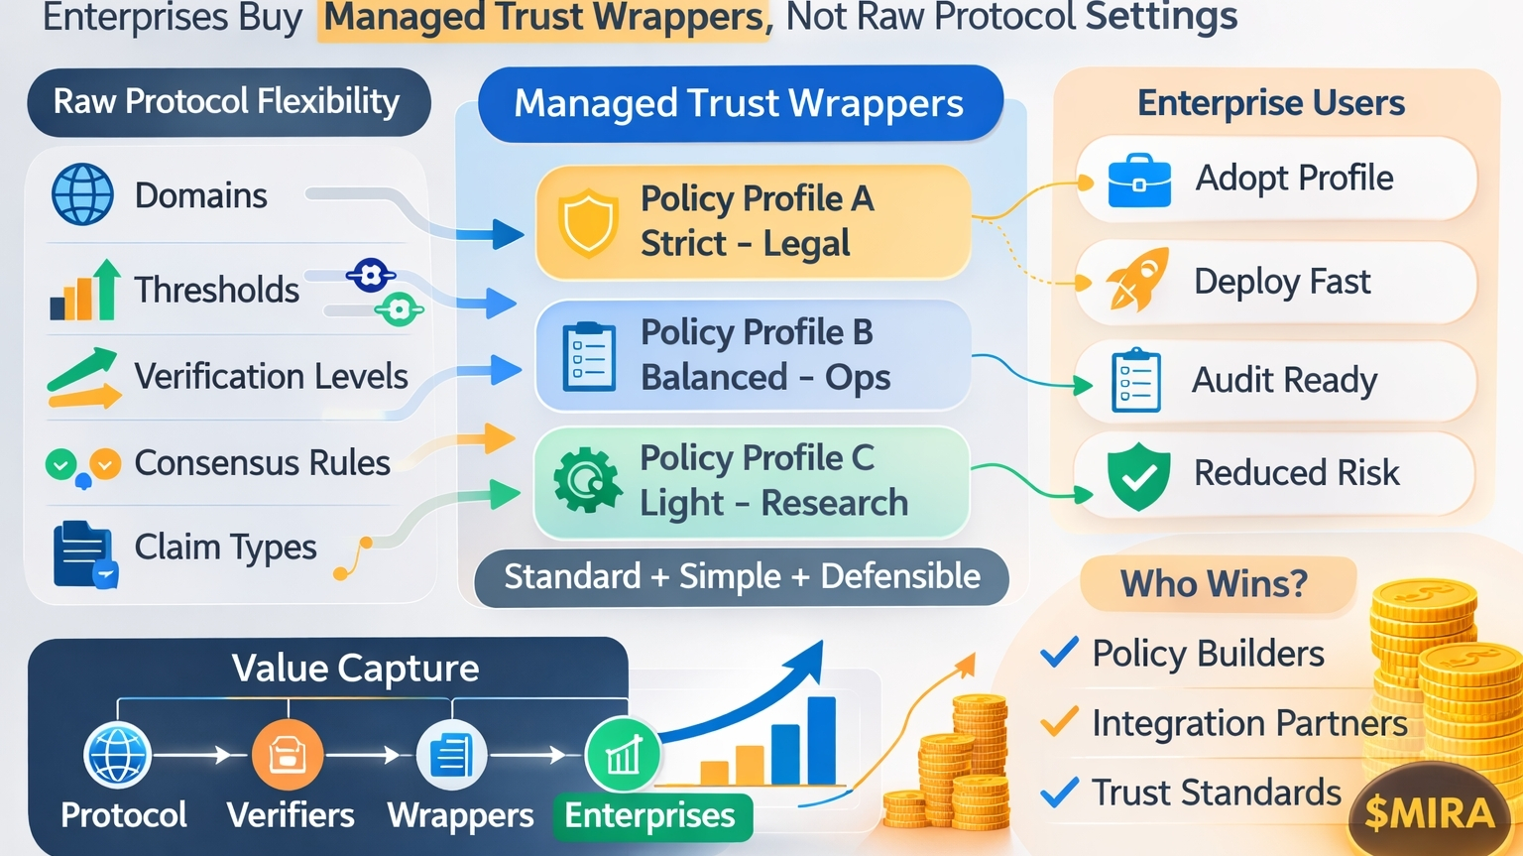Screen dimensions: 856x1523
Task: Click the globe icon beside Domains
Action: [82, 194]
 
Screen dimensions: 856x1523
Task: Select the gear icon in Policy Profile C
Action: [587, 480]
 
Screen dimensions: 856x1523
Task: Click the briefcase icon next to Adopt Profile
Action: [1139, 180]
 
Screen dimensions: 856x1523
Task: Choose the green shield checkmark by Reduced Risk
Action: [1138, 475]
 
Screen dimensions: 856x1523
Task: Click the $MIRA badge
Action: [1429, 813]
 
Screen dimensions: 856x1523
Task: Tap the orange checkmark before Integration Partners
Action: [1059, 722]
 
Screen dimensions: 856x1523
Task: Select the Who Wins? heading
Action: [1214, 583]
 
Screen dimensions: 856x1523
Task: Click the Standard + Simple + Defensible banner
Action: [742, 576]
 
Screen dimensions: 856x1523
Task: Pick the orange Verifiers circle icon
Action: [288, 755]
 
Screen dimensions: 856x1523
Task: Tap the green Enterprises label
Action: [650, 815]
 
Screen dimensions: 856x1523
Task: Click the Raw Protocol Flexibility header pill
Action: [227, 101]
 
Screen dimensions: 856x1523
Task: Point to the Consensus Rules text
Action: [262, 462]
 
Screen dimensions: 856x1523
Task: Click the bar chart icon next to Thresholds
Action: [85, 291]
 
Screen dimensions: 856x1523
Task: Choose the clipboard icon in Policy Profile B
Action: [589, 355]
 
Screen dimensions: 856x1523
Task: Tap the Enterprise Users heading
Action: [1270, 103]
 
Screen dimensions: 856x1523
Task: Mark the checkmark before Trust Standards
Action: [1059, 792]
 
